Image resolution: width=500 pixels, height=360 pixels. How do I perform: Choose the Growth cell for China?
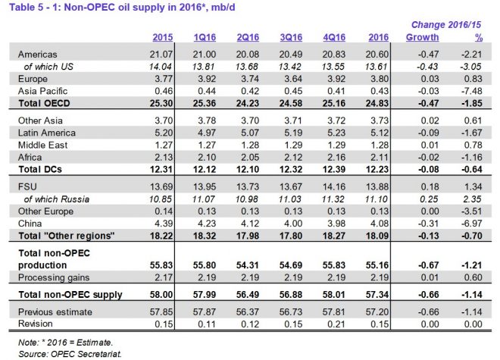pyautogui.click(x=423, y=223)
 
